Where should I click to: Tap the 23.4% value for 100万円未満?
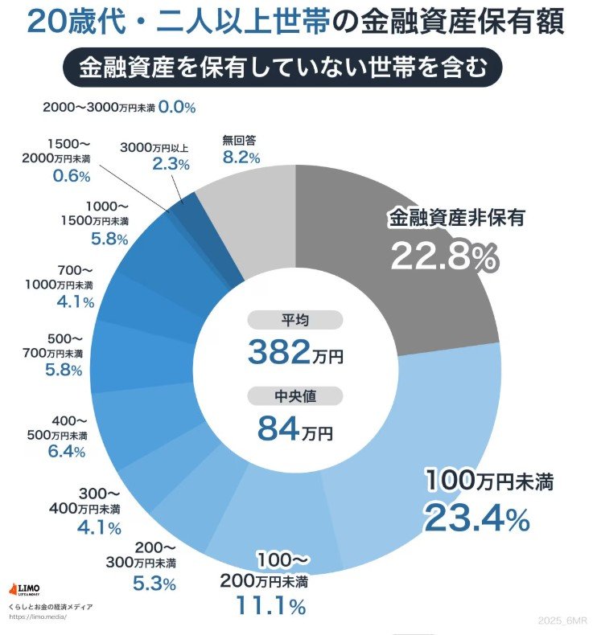pyautogui.click(x=476, y=518)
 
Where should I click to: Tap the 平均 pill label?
pyautogui.click(x=295, y=320)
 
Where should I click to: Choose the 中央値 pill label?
pyautogui.click(x=295, y=396)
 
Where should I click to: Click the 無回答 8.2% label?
pyautogui.click(x=241, y=150)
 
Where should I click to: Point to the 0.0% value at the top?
pyautogui.click(x=177, y=106)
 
